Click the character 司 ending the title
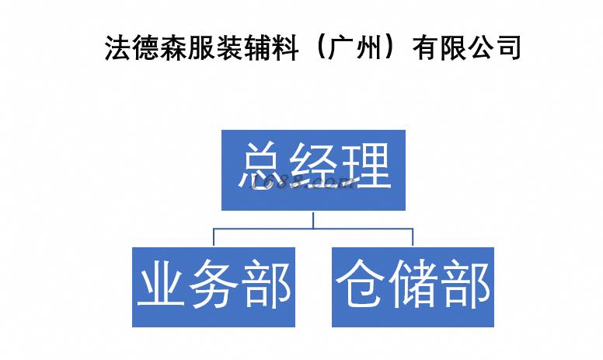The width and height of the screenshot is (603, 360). click(x=507, y=48)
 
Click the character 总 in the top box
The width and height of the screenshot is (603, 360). click(x=263, y=164)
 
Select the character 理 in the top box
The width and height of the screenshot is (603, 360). click(x=364, y=164)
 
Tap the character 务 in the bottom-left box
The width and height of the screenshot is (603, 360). click(x=214, y=286)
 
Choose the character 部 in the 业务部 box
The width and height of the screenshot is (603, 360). click(x=267, y=286)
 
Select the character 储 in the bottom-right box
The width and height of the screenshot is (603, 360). click(x=413, y=286)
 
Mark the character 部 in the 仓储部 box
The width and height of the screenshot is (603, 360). click(x=465, y=286)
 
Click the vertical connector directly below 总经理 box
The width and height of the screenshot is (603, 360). click(x=313, y=218)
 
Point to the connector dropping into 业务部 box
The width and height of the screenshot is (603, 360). click(x=214, y=237)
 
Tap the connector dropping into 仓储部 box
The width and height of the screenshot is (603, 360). click(x=413, y=237)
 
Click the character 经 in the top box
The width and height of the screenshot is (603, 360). click(x=314, y=164)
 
